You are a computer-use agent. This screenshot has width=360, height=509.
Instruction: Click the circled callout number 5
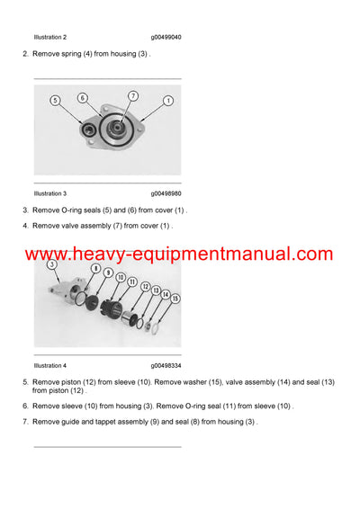click(x=55, y=101)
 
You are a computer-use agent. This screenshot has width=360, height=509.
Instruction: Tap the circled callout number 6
click(x=82, y=98)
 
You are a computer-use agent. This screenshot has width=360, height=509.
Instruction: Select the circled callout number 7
click(x=132, y=95)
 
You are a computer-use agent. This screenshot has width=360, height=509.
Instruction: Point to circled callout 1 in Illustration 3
click(x=168, y=101)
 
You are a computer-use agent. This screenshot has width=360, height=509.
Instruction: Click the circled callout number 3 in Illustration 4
click(x=52, y=264)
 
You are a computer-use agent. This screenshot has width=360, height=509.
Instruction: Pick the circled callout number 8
click(x=95, y=268)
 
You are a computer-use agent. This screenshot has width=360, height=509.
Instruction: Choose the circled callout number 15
click(x=175, y=298)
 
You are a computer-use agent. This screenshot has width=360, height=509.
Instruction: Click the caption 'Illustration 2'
click(x=49, y=37)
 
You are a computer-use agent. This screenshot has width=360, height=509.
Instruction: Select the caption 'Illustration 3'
click(x=49, y=193)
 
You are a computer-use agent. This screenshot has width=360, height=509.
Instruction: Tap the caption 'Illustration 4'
click(x=49, y=365)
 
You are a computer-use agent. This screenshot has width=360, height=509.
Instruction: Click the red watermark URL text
click(x=179, y=254)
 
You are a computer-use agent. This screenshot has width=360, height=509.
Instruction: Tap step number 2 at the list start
click(x=25, y=54)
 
